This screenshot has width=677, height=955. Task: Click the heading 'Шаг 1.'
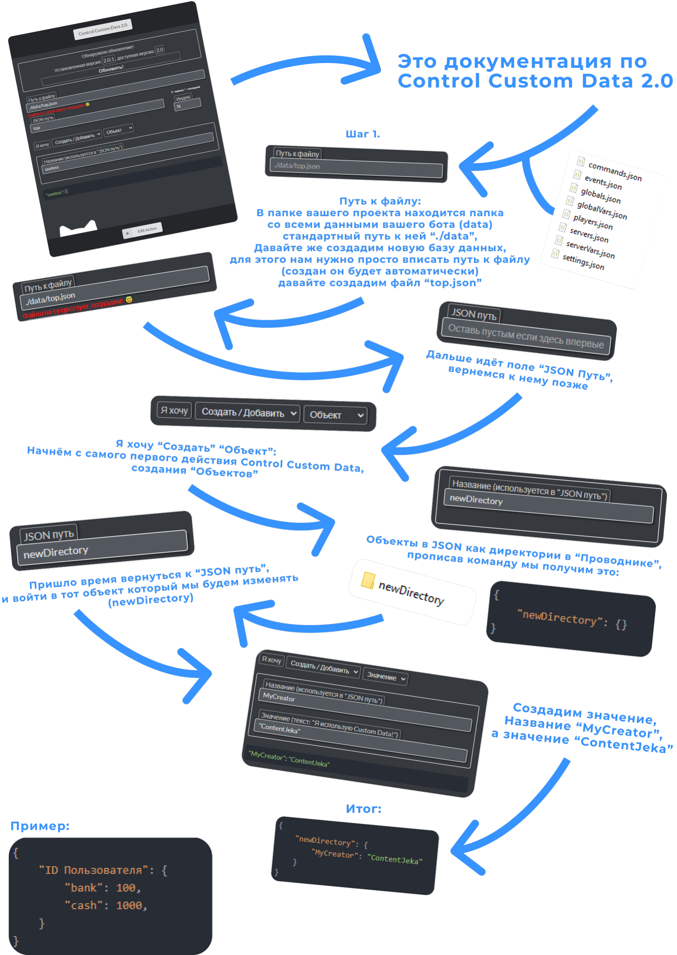[362, 134]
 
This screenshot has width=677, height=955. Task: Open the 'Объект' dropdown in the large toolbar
[336, 415]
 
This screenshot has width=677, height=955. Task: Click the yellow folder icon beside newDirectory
[367, 580]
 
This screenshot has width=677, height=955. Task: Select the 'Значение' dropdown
[385, 677]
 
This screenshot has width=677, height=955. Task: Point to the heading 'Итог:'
[363, 809]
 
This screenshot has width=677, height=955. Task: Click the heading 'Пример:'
[40, 826]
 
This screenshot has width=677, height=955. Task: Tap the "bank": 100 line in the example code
[102, 888]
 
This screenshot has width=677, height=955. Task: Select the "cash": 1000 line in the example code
[105, 905]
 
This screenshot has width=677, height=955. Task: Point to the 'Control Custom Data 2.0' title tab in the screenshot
[102, 29]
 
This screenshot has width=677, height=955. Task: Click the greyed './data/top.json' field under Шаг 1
[356, 167]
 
